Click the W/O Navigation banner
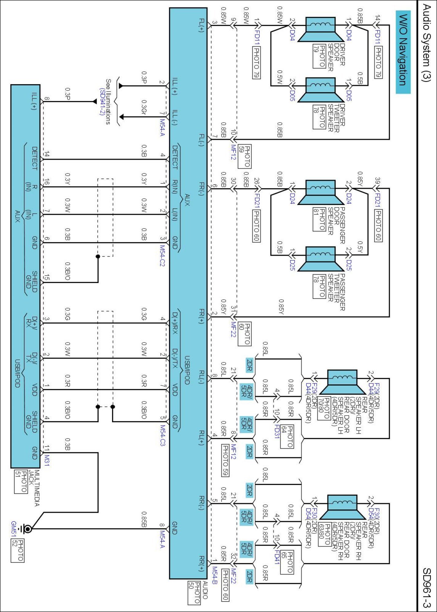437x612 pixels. tap(403, 52)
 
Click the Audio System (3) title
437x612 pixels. tap(426, 43)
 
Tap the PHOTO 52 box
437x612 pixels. tap(17, 550)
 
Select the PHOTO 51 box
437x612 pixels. tap(21, 482)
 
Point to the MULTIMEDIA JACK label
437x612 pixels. tap(34, 488)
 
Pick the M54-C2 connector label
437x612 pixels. tap(162, 256)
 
